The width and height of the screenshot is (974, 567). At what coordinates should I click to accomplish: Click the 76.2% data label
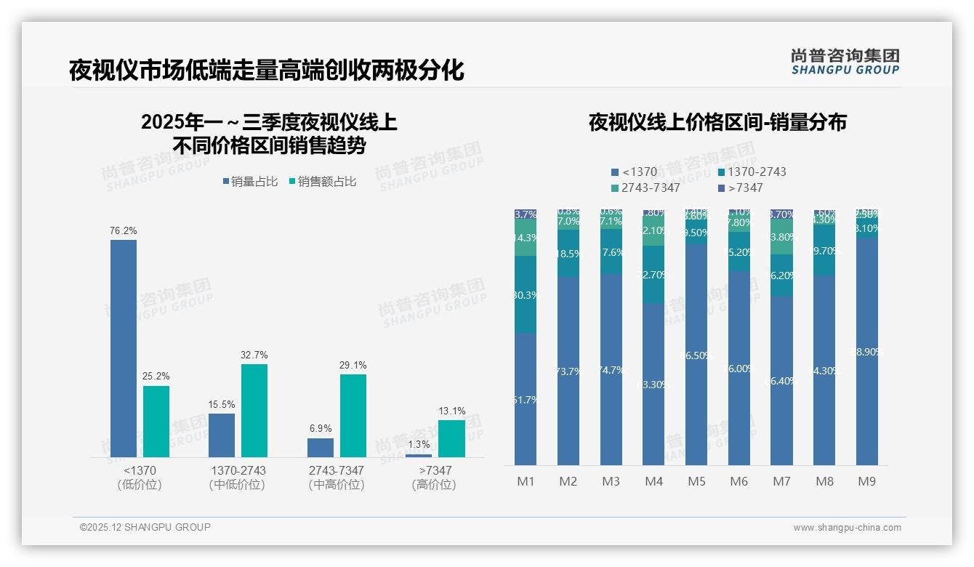click(124, 230)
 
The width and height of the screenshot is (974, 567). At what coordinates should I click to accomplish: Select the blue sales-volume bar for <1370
click(124, 349)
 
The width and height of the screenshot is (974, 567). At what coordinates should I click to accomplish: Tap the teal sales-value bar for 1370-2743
click(254, 411)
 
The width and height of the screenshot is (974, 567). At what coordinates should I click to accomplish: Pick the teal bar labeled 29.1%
click(353, 416)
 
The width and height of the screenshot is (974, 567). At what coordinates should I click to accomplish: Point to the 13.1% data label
click(451, 411)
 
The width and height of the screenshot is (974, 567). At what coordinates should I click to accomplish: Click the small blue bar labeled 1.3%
click(419, 456)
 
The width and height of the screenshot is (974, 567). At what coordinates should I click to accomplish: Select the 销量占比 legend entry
click(250, 182)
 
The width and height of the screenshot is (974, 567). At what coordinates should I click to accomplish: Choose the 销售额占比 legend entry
click(323, 182)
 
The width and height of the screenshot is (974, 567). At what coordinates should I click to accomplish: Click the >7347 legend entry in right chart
click(741, 188)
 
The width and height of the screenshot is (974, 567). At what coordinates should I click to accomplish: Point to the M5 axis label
click(696, 481)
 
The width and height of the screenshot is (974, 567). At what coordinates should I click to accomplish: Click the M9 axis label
click(867, 481)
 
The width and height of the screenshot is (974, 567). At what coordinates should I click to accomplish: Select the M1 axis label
click(526, 481)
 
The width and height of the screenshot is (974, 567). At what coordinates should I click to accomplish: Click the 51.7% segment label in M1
click(526, 399)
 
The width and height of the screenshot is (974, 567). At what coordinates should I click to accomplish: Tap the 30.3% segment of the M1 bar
click(526, 295)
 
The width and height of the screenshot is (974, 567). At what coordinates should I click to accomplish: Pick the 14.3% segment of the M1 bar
click(526, 238)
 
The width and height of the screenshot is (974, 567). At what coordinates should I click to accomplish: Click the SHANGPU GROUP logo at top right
click(845, 62)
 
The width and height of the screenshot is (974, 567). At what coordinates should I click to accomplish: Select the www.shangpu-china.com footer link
click(847, 528)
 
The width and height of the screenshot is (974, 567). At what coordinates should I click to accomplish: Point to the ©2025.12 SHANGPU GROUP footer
click(145, 527)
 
